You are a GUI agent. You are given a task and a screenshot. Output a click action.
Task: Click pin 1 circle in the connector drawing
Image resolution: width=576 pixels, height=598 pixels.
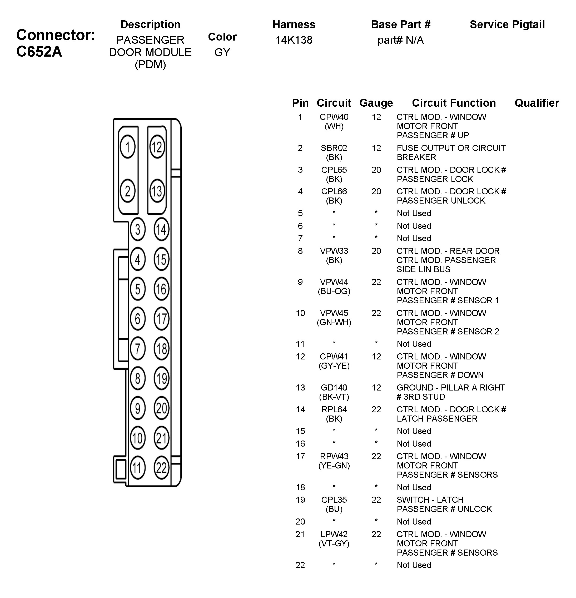(127, 147)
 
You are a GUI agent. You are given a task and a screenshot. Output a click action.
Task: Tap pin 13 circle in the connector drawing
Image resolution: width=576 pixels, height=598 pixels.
(157, 191)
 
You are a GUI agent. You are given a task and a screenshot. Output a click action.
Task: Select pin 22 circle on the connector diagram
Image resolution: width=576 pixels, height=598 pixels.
(161, 467)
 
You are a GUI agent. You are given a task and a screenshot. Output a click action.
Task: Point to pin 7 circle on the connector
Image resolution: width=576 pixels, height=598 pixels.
(138, 348)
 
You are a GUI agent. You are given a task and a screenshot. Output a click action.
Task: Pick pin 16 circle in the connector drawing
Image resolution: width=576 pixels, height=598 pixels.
(161, 289)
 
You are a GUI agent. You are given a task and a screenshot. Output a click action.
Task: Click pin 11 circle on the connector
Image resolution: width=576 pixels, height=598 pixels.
(138, 467)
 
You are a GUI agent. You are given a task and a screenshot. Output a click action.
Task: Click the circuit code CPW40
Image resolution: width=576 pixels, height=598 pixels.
(334, 117)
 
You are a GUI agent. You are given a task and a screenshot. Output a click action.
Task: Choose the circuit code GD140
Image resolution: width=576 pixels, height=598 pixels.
(334, 388)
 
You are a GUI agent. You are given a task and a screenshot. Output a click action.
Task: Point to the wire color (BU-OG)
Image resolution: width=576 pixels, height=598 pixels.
(334, 291)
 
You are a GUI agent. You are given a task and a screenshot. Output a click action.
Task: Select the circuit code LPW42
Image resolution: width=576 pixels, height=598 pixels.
(334, 534)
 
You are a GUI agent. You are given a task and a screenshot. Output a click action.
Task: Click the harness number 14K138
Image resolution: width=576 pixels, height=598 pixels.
(294, 40)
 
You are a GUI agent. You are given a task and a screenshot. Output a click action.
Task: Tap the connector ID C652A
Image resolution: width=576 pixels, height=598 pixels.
(39, 51)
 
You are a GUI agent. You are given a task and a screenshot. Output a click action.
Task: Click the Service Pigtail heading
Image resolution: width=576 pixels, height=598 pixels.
(507, 24)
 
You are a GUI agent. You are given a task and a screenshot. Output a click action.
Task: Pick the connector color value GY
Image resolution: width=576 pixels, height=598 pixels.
(222, 52)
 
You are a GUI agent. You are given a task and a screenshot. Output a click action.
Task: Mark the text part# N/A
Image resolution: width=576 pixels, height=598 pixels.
(401, 40)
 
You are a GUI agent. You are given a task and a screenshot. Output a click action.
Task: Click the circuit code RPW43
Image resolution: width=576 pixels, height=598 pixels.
(334, 456)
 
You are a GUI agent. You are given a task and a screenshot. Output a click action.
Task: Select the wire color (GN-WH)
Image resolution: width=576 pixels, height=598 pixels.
(334, 323)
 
